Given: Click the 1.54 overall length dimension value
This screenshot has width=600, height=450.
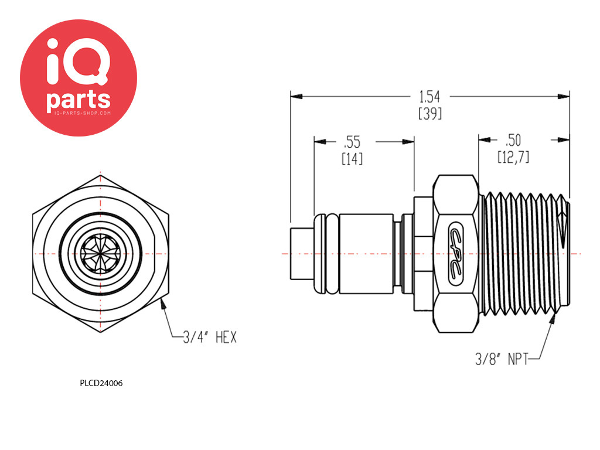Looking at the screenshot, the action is [429, 97].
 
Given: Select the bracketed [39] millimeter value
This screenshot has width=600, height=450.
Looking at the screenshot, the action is [430, 113].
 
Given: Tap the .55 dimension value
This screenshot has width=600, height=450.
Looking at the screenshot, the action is [352, 142].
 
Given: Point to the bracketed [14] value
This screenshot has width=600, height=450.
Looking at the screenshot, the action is [352, 158].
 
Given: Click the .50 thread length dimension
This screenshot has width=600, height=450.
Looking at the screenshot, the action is [513, 141].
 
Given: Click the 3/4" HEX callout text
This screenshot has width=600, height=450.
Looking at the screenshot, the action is [210, 337].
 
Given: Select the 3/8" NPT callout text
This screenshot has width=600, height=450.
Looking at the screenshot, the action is [502, 359].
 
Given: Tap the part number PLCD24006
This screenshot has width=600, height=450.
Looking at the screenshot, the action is [101, 383].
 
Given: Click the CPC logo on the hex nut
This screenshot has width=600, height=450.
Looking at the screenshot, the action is [456, 253].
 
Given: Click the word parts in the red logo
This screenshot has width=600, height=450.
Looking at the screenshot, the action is [79, 100].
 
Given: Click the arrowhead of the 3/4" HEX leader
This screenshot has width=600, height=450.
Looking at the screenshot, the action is [163, 304].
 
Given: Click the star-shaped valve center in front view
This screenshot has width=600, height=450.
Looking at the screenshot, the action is [100, 254].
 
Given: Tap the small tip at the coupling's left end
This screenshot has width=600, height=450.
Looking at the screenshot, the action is [302, 254].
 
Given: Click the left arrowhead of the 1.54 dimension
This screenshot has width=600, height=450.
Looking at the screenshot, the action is [296, 97].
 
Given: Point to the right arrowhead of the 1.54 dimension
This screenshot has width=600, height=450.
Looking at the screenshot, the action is [563, 97].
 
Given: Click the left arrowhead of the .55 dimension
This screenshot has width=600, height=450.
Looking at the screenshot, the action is [321, 142].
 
